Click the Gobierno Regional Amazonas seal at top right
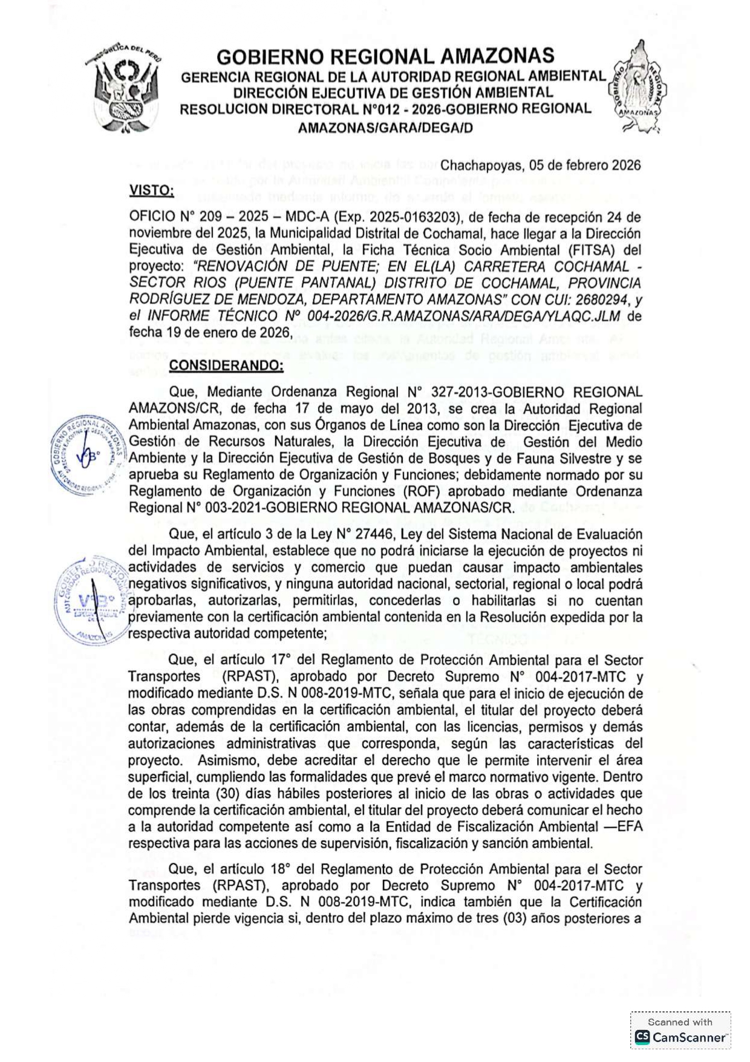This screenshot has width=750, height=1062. click(637, 87)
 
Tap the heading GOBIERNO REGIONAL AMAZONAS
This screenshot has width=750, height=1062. click(385, 57)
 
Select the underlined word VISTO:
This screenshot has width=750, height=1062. click(151, 191)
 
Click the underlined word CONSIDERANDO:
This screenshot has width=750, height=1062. click(226, 365)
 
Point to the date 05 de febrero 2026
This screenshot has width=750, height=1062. click(585, 166)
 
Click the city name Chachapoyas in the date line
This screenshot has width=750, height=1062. click(481, 166)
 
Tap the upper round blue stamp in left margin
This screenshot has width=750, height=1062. click(89, 454)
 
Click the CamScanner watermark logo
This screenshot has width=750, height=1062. click(680, 1037)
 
